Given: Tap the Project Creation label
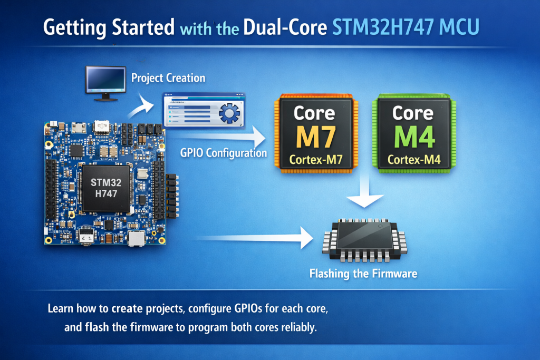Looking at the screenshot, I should coord(168,78).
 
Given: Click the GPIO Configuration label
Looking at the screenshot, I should coord(224,153).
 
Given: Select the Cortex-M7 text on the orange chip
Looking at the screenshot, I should coord(314,160).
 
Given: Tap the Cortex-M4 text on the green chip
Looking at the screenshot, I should coord(413,160).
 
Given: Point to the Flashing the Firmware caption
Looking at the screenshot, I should coord(363,274).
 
